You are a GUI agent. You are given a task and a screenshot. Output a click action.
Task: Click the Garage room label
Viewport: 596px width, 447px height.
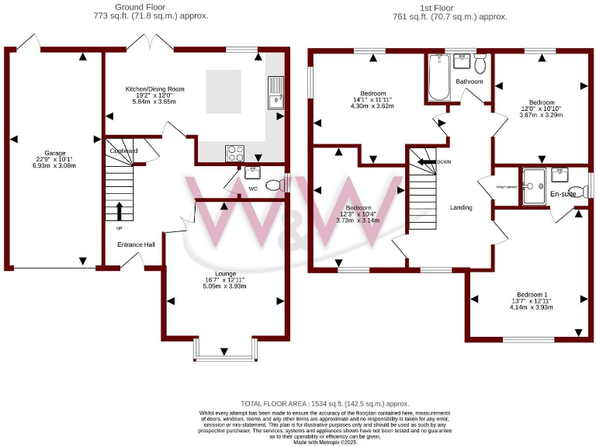(x=54, y=154)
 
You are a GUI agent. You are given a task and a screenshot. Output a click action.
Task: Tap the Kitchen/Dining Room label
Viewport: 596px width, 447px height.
(x=154, y=89)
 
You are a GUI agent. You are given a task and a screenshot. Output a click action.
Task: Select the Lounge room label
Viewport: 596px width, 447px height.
(x=225, y=273)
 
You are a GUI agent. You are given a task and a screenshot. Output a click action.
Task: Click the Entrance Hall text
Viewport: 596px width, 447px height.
(x=136, y=245)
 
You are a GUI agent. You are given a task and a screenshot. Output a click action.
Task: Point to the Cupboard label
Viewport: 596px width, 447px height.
(x=124, y=151)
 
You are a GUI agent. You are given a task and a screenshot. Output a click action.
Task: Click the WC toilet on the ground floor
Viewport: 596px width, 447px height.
(x=273, y=185)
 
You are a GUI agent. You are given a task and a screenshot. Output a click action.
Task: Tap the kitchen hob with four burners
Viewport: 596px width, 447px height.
(x=235, y=153)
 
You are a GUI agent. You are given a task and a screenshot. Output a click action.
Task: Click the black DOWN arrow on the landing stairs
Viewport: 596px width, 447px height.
(x=426, y=161)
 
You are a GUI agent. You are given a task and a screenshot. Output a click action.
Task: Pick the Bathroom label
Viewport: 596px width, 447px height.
(x=470, y=81)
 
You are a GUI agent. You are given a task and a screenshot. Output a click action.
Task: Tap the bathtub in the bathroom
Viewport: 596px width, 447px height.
(x=438, y=78)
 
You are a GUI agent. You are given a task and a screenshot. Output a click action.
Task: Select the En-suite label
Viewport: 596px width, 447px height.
(x=563, y=194)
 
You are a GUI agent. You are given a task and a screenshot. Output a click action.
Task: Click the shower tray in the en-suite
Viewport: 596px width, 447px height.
(x=535, y=185)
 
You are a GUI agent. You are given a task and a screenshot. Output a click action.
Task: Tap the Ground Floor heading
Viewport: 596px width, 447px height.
(x=140, y=7)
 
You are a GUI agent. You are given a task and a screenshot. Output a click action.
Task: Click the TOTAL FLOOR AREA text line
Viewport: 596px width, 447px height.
(x=324, y=404)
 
